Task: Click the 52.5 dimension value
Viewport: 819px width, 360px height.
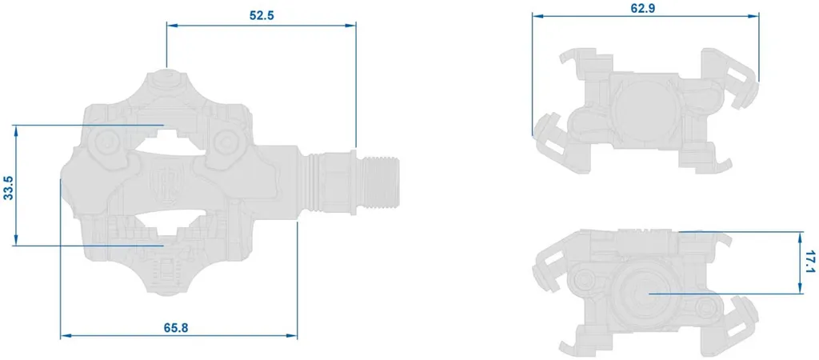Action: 262,14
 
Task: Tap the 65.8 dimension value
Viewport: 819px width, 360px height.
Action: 176,328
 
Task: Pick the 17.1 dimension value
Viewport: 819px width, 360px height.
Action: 811,262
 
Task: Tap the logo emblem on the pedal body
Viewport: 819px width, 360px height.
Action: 160,180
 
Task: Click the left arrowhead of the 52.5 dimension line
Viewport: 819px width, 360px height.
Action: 171,25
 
